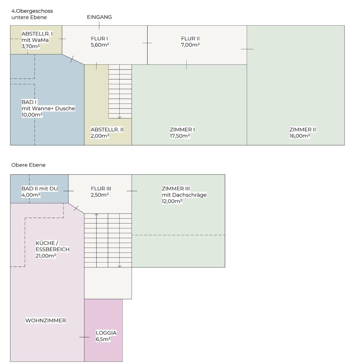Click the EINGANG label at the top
point(99,17)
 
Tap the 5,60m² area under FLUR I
point(100,45)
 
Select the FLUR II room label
point(190,39)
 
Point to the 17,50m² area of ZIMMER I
point(180,136)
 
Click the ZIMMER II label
point(303,130)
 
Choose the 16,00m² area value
point(300,136)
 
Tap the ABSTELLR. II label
point(107,130)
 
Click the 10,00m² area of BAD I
point(32,115)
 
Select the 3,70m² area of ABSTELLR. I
point(31,46)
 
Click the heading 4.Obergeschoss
point(32,11)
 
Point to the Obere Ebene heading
point(28,165)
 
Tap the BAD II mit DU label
point(40,189)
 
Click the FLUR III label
point(101,189)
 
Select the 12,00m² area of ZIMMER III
point(172,201)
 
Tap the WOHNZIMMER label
point(46,321)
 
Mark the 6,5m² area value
point(103,339)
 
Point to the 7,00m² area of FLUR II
point(190,45)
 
